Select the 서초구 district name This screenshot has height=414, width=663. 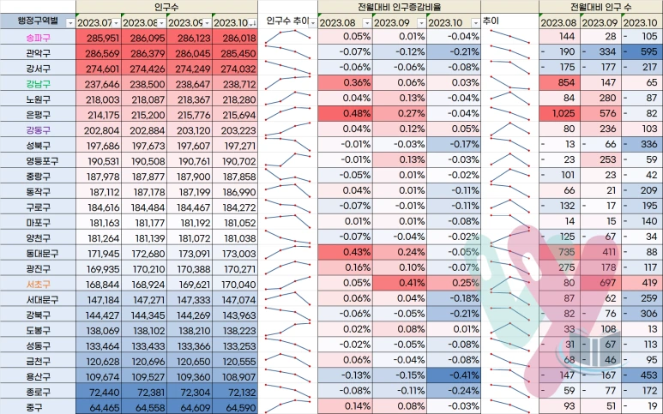[x=35, y=284]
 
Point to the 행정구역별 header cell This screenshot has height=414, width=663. [x=35, y=21]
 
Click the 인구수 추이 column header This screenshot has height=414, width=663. [x=286, y=21]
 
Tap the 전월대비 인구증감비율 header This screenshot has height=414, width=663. [x=398, y=6]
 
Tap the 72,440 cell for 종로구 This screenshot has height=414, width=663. [x=96, y=390]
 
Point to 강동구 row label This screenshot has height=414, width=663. [x=35, y=129]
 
